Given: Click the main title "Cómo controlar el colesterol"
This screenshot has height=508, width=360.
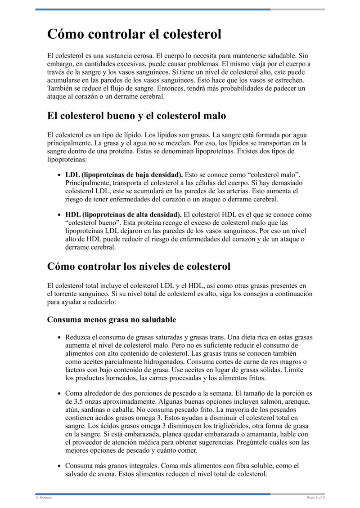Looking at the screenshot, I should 135,34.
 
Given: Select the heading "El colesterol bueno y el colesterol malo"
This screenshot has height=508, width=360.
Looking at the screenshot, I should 136,116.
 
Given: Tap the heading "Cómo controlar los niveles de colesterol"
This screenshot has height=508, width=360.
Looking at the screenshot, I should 139,266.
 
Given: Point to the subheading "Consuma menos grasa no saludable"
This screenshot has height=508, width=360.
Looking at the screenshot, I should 111,320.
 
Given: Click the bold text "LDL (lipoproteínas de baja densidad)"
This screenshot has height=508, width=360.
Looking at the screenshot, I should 124,174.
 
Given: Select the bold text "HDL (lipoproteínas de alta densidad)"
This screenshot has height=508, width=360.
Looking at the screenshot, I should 123,215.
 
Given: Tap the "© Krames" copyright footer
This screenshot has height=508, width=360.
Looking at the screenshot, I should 44,498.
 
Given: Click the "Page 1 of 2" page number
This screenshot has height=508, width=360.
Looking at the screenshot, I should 315,498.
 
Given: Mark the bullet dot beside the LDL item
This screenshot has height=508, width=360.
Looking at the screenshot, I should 60,175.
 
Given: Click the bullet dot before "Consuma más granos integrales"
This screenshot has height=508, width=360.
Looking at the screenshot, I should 60,466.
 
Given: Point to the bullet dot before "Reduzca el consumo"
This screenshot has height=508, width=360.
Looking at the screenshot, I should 60,337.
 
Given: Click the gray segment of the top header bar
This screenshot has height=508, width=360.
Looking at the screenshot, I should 297,9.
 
